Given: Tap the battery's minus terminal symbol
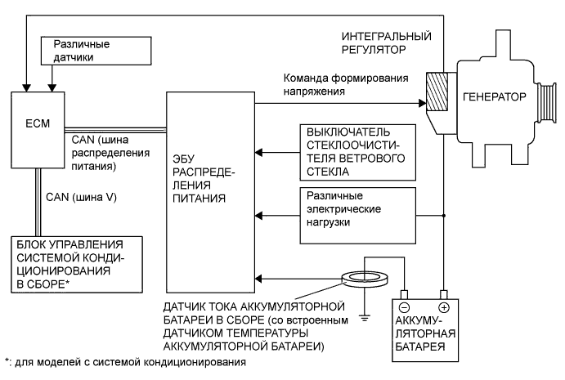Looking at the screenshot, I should tap(404, 307).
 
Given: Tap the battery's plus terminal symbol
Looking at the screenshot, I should tap(443, 307).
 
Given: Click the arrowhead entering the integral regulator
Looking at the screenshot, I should tap(423, 104).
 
